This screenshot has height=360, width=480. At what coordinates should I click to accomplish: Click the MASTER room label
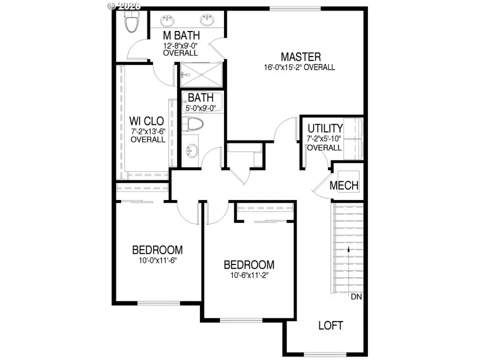pyautogui.click(x=301, y=57)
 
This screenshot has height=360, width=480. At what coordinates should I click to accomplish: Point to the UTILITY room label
pyautogui.click(x=324, y=129)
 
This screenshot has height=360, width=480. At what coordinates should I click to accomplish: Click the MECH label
pyautogui.click(x=344, y=186)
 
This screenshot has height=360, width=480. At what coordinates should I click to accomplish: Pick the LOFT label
pyautogui.click(x=330, y=325)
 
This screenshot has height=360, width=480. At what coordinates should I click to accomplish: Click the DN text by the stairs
pyautogui.click(x=356, y=297)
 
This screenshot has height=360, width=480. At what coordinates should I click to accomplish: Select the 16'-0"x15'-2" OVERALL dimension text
pyautogui.click(x=299, y=67)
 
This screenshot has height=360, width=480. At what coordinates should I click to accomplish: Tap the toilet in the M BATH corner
pyautogui.click(x=131, y=21)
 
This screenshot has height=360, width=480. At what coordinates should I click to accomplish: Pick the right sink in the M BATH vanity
pyautogui.click(x=207, y=21)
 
